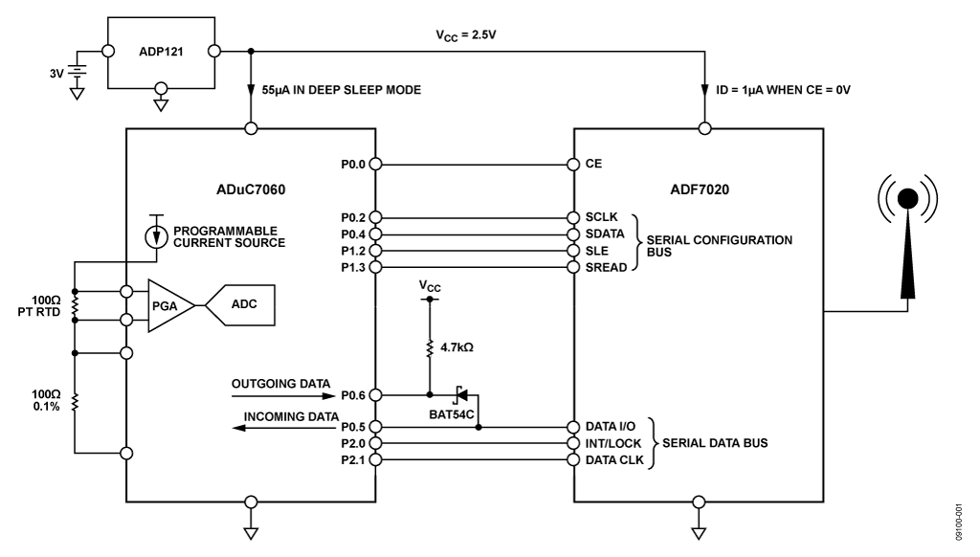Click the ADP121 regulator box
pyautogui.click(x=160, y=50)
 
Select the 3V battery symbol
pyautogui.click(x=71, y=70)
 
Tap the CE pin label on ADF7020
pyautogui.click(x=593, y=164)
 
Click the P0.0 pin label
pyautogui.click(x=353, y=164)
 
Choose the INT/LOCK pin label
pyautogui.click(x=612, y=443)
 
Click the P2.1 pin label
pyautogui.click(x=353, y=460)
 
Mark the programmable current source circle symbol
pyautogui.click(x=151, y=236)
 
